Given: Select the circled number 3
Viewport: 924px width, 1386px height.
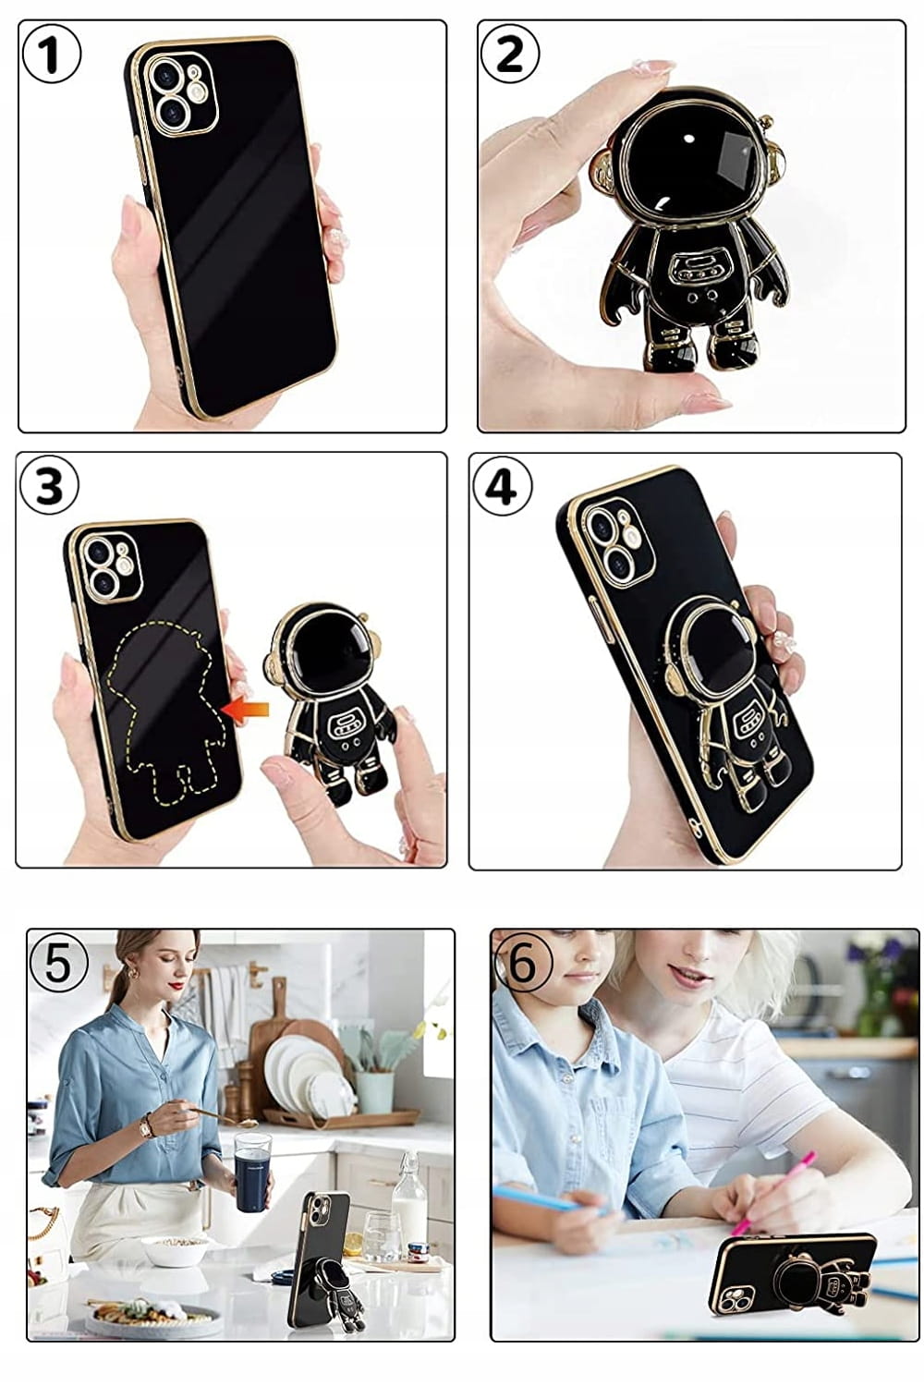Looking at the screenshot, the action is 49,484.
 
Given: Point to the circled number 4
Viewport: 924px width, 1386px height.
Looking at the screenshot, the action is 502,487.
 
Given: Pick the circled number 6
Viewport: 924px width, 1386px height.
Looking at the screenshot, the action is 523,965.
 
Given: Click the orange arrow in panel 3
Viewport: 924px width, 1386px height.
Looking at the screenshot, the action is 246,710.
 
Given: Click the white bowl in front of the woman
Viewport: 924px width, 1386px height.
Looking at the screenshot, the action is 174,1248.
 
